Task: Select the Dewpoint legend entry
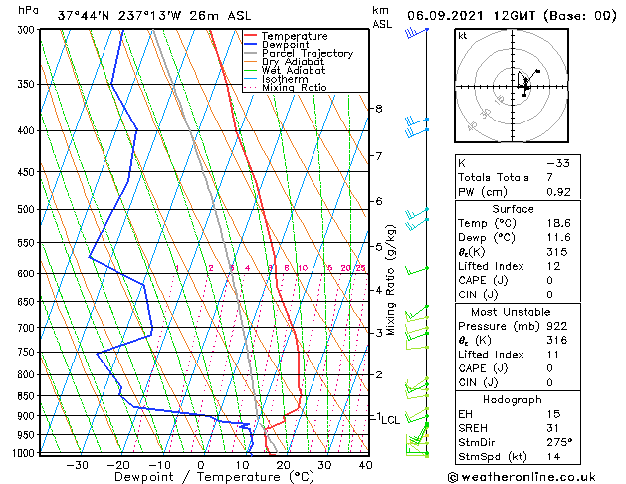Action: click(x=288, y=45)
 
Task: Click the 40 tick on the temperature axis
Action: click(x=365, y=465)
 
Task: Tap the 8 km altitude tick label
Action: click(x=378, y=108)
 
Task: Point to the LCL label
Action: click(x=390, y=420)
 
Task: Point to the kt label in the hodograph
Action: click(x=462, y=36)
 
